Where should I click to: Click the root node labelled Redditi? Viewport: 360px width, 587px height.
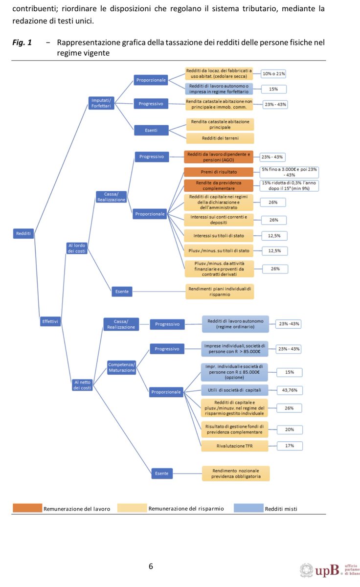coord(23,234)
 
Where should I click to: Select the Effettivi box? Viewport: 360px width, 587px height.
coord(50,321)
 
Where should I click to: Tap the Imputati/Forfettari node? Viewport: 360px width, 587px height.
coord(102,103)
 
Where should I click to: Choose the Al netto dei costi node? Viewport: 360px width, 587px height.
coord(82,384)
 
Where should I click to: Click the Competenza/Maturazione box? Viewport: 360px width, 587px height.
coord(121,367)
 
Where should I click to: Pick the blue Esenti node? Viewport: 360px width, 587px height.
coord(151,130)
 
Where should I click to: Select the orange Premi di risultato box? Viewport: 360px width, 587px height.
coord(219,172)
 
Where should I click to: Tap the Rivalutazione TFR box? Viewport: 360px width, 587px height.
coord(235,446)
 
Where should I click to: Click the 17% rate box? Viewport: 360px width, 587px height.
coord(290,446)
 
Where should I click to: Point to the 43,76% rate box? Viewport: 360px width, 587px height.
coord(290,390)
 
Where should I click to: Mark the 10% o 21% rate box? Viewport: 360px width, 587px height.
coord(273,74)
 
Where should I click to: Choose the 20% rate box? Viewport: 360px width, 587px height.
coord(290,429)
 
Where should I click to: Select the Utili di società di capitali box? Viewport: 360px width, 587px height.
coord(235,390)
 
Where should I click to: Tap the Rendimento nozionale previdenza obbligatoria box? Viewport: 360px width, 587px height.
coord(236,473)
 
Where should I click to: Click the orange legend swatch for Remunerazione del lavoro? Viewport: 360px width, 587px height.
coord(27,508)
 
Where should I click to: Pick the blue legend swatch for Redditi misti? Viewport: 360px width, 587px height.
coord(248,508)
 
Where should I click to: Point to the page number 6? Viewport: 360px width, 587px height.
coord(151,566)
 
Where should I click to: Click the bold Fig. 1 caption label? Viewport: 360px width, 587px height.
coord(22,43)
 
